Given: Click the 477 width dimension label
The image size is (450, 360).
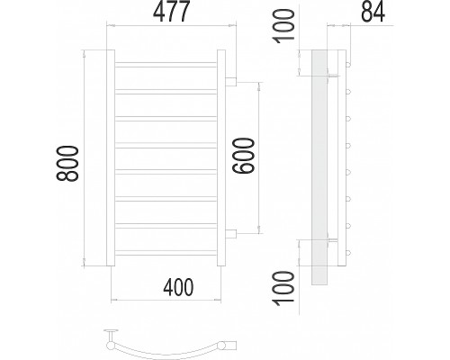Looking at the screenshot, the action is point(171,12).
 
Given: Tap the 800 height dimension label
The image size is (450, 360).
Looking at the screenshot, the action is point(67,164).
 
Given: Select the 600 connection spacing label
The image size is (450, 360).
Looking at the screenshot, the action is point(244,156).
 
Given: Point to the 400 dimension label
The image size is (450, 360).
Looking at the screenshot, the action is point(178,287).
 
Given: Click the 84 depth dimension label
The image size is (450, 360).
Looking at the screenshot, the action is point(373,13).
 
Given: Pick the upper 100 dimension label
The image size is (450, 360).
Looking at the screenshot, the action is point(283,26).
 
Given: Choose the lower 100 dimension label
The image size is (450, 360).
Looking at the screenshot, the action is point(283,288).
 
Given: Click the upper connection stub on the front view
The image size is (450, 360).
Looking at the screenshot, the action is point(230,82).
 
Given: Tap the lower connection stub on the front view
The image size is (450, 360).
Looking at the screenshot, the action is point(230,234).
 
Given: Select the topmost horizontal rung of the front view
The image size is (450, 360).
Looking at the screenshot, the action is point(166,65).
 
